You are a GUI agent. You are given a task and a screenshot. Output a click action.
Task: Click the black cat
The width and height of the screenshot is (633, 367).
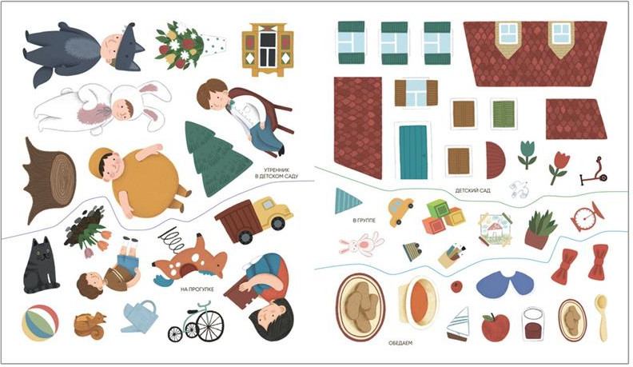pos(41,265)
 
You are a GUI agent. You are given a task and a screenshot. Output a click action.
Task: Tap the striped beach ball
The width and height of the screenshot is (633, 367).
pos(40,324)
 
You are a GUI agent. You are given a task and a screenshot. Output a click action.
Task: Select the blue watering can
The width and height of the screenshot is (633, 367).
pos(139,317)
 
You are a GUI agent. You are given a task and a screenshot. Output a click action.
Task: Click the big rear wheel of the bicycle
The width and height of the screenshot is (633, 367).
pos(210,325)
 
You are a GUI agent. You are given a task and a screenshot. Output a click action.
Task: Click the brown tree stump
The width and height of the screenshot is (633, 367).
pos(48,181)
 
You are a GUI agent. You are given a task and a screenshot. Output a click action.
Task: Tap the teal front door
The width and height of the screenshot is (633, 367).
pos(413,152)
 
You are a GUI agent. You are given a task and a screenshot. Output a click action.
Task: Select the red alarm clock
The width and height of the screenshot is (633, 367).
pos(587,217)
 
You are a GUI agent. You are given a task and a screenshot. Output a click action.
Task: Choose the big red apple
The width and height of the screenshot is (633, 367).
pos(496,328)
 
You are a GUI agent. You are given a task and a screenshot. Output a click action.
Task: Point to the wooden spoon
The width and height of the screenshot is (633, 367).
pos(602,317)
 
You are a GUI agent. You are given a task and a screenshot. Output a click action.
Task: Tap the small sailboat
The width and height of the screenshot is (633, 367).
pos(459,323)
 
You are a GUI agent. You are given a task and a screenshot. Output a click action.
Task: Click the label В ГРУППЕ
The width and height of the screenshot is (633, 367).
pos(364,221)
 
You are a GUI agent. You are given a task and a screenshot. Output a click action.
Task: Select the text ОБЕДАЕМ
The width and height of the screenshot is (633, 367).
pos(400,343)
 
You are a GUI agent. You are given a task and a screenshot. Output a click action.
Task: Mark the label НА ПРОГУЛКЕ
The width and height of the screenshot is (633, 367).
pos(197,289)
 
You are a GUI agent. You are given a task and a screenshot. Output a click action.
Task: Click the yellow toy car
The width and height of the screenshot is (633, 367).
pos(400,211)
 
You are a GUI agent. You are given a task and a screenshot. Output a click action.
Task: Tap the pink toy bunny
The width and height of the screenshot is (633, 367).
pos(361,244)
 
